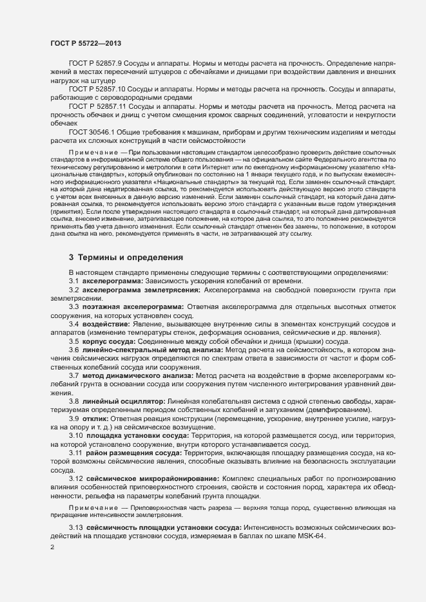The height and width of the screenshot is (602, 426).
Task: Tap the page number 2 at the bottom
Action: click(x=53, y=547)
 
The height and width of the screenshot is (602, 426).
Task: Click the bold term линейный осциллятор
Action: click(x=122, y=401)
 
